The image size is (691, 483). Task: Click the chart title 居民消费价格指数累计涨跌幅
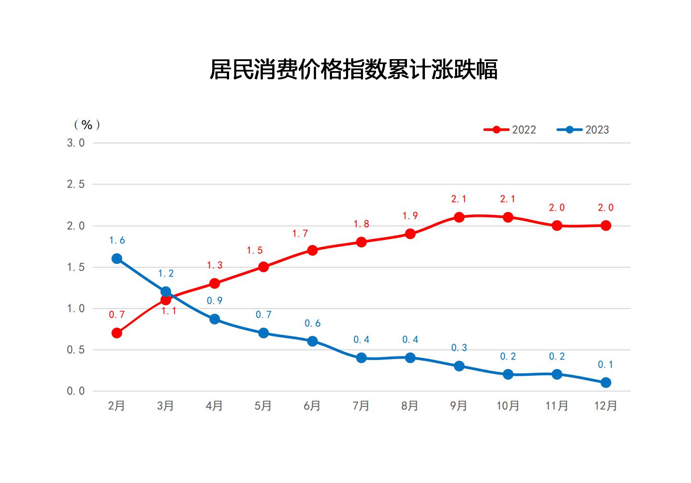pyautogui.click(x=353, y=69)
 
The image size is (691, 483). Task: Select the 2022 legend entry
pyautogui.click(x=510, y=130)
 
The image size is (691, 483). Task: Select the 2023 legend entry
pyautogui.click(x=583, y=130)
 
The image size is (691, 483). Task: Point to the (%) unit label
pyautogui.click(x=87, y=125)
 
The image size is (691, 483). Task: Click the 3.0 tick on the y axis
pyautogui.click(x=75, y=143)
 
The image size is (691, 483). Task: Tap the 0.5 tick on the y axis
pyautogui.click(x=75, y=350)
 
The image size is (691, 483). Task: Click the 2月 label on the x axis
pyautogui.click(x=116, y=406)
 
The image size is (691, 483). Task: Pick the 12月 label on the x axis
pyautogui.click(x=605, y=406)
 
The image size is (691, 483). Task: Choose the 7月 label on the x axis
pyautogui.click(x=361, y=406)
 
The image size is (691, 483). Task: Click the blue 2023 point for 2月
pyautogui.click(x=117, y=259)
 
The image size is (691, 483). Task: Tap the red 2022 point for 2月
pyautogui.click(x=117, y=333)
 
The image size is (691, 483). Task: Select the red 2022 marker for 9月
pyautogui.click(x=459, y=217)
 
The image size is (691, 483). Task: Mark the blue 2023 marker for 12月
pyautogui.click(x=606, y=382)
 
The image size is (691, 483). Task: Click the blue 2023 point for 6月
pyautogui.click(x=312, y=341)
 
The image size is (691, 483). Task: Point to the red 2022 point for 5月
pyautogui.click(x=263, y=267)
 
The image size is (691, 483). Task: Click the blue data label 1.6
pyautogui.click(x=117, y=240)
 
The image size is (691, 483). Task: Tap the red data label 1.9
pyautogui.click(x=410, y=216)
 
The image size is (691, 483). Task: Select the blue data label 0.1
pyautogui.click(x=605, y=364)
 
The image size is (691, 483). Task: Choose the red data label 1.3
pyautogui.click(x=215, y=265)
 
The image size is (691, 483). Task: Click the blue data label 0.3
pyautogui.click(x=459, y=348)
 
